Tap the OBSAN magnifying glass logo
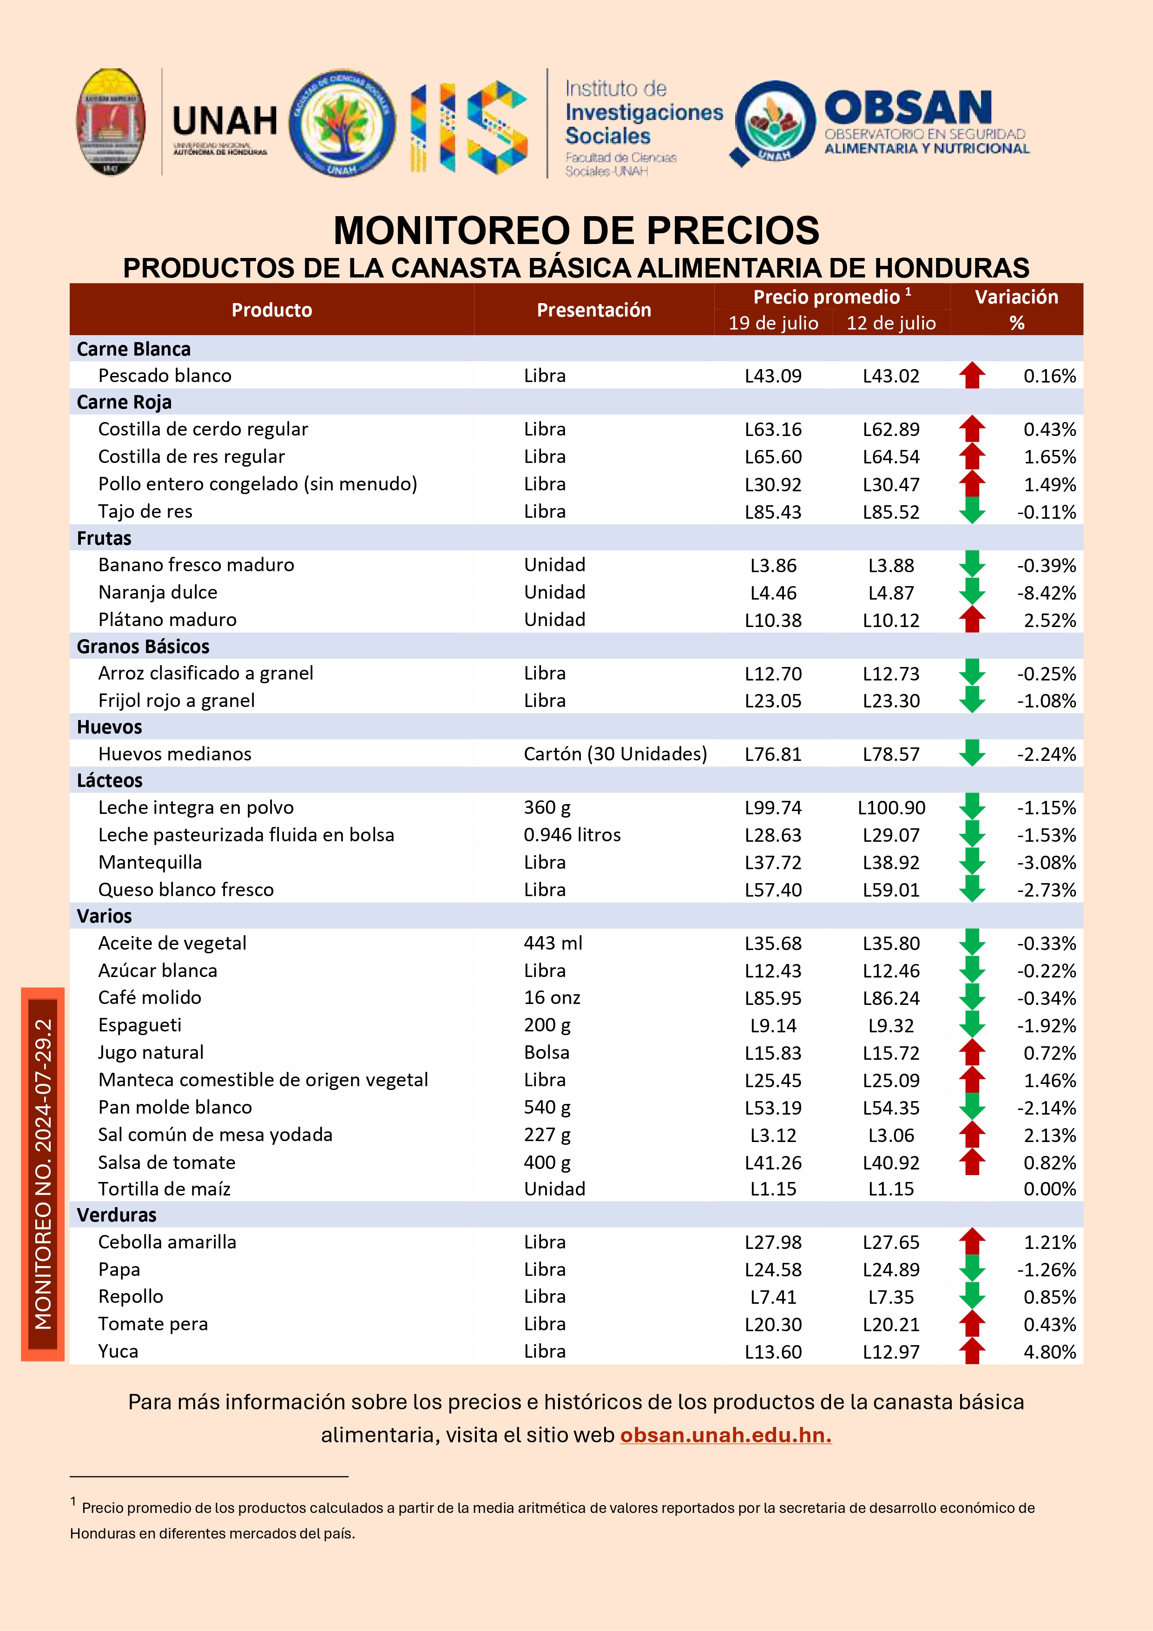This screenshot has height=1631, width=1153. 774,123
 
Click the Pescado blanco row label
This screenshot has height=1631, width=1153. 165,375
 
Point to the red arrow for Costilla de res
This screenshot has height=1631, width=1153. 972,456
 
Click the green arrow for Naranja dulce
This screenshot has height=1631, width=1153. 972,591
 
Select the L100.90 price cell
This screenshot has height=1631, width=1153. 891,808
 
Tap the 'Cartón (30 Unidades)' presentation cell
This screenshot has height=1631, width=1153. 615,754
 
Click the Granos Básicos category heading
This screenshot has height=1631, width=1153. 143,647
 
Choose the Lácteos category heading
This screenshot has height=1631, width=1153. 109,781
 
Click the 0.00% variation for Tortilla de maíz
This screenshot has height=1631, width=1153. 1049,1189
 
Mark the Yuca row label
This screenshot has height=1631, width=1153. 118,1351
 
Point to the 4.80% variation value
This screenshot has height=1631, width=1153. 1049,1352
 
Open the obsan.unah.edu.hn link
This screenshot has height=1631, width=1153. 725,1435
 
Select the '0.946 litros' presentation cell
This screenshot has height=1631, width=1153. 572,835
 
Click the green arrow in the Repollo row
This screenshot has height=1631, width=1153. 972,1296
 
